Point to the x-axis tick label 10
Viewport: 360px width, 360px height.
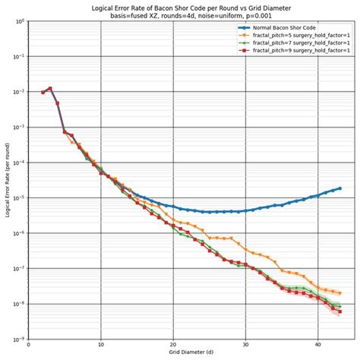[x=101, y=346]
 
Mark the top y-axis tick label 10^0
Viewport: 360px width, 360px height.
[x=18, y=21]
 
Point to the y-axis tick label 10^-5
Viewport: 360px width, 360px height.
[x=17, y=197]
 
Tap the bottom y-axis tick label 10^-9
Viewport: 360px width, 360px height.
[x=17, y=339]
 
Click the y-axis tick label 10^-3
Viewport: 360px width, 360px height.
[x=17, y=127]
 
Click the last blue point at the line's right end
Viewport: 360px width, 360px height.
[x=339, y=188]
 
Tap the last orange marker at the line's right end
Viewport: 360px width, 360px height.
[x=339, y=292]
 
